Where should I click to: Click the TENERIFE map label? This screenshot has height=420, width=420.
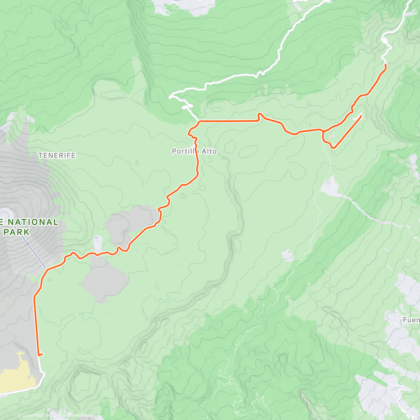coord(57,155)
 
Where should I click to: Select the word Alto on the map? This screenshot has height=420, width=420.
coord(209,152)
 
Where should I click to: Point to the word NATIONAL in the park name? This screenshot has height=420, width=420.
coord(33,222)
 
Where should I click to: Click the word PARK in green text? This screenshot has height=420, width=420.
coord(17,232)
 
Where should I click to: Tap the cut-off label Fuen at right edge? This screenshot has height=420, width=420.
coord(411,320)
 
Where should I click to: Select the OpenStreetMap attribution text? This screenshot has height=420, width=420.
coord(73,416)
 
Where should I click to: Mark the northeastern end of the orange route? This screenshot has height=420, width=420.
coord(385,65)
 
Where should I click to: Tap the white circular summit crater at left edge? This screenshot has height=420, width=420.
coord(5,213)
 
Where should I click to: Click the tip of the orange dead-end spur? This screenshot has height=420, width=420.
coord(361,116)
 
